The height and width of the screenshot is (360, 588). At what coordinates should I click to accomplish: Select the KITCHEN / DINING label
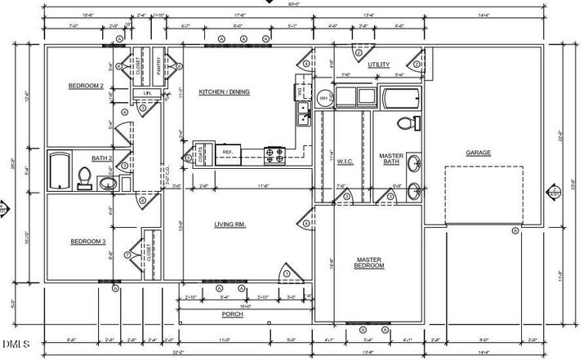[224, 92]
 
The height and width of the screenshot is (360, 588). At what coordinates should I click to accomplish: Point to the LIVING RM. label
[230, 224]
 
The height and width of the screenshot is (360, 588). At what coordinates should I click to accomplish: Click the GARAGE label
[478, 153]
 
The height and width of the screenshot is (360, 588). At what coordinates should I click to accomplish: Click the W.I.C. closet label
[344, 162]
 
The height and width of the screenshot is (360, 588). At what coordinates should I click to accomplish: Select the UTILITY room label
[378, 64]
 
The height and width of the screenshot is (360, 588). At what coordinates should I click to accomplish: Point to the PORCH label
[233, 313]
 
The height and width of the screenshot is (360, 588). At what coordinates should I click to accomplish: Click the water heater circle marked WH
[323, 99]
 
